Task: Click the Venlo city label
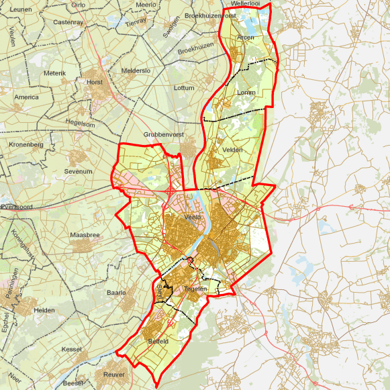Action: point(193,217)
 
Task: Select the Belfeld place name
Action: point(158,341)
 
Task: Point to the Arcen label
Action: point(246,38)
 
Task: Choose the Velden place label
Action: point(232,150)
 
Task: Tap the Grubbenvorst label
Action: point(159,134)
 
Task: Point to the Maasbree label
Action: point(85,235)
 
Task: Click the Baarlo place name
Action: point(117,293)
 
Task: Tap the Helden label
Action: point(44,311)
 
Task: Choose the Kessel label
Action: point(71,349)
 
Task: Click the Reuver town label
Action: point(114,374)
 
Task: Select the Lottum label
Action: point(183,88)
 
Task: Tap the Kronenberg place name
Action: point(26,144)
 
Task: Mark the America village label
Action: point(27,97)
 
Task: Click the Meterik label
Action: point(54,72)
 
